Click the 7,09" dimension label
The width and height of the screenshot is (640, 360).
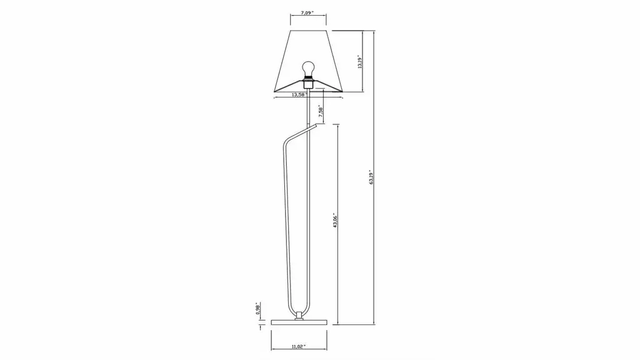click(307, 13)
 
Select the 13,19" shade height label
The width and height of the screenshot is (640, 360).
click(360, 62)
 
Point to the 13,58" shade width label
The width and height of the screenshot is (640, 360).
click(299, 95)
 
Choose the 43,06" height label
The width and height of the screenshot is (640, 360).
click(335, 221)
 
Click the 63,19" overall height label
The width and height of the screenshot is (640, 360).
click(371, 177)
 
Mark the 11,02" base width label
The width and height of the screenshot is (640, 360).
click(299, 347)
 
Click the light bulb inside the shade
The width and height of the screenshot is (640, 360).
click(308, 68)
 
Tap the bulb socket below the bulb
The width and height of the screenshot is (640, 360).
click(308, 82)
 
